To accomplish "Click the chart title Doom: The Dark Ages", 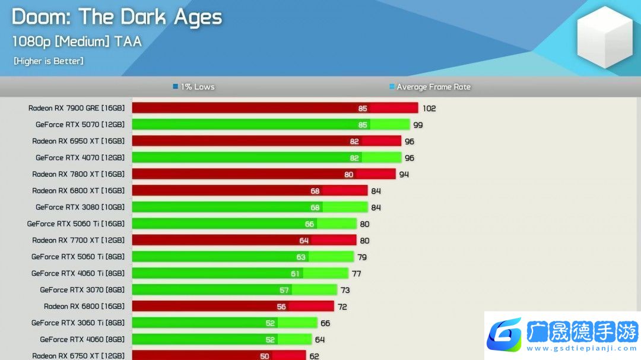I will pyautogui.click(x=117, y=17).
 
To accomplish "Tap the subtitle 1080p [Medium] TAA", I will pyautogui.click(x=77, y=42).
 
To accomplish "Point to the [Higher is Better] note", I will pyautogui.click(x=48, y=60).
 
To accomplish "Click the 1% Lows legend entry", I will pyautogui.click(x=193, y=87).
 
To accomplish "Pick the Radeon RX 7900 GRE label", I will pyautogui.click(x=77, y=108).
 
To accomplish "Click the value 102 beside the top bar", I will pyautogui.click(x=429, y=109).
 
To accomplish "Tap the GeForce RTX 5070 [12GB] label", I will pyautogui.click(x=80, y=125).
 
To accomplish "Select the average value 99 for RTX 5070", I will pyautogui.click(x=418, y=125).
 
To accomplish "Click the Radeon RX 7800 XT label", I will pyautogui.click(x=78, y=174).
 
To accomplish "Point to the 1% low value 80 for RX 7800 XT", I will pyautogui.click(x=348, y=174).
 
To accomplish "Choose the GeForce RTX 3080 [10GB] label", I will pyautogui.click(x=80, y=207).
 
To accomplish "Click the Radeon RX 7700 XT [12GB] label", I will pyautogui.click(x=78, y=240).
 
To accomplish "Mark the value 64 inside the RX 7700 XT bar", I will pyautogui.click(x=304, y=241).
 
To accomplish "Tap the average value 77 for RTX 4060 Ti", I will pyautogui.click(x=356, y=274).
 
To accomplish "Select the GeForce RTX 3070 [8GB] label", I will pyautogui.click(x=82, y=290).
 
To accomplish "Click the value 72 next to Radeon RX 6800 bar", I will pyautogui.click(x=342, y=307).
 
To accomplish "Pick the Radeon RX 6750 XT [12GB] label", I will pyautogui.click(x=78, y=355).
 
